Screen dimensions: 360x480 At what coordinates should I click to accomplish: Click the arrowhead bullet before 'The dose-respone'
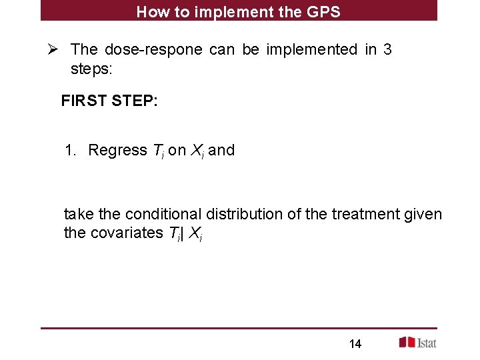pyautogui.click(x=55, y=49)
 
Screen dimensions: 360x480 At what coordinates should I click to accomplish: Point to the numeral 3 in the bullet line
pyautogui.click(x=387, y=49)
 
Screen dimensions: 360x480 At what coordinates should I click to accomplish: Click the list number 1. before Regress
pyautogui.click(x=71, y=150)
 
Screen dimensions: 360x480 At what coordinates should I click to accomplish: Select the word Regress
pyautogui.click(x=117, y=150)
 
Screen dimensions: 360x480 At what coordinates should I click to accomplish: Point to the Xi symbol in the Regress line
pyautogui.click(x=198, y=151)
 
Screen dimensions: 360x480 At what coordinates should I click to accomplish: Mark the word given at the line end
pyautogui.click(x=424, y=214)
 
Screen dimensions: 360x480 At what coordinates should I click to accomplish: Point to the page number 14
pyautogui.click(x=355, y=344)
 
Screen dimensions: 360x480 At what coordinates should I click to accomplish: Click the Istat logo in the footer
pyautogui.click(x=417, y=342)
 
